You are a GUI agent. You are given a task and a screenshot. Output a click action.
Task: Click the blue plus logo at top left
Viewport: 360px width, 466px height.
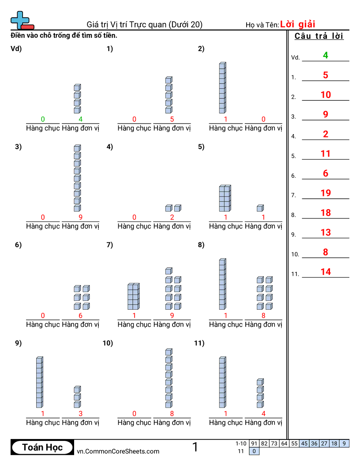[x=21, y=20]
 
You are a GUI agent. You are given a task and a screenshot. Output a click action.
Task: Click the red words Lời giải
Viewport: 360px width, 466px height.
[x=298, y=24]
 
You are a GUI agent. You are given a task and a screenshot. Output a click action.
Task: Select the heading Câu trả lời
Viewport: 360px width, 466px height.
[x=319, y=36]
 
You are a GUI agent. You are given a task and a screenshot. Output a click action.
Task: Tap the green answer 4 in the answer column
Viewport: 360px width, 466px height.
[x=326, y=55]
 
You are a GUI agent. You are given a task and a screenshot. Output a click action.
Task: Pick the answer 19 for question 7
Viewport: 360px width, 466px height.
[x=326, y=193]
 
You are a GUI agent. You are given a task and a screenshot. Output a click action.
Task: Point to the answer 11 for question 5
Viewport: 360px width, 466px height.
[x=326, y=154]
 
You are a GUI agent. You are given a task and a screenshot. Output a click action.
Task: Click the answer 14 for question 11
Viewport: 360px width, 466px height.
[x=326, y=272]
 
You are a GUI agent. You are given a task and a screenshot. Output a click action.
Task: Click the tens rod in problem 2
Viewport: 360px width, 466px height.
[x=222, y=88]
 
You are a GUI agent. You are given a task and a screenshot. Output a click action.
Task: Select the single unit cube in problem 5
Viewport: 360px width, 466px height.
[x=260, y=208]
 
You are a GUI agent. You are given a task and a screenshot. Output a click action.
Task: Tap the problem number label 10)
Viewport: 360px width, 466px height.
[x=108, y=343]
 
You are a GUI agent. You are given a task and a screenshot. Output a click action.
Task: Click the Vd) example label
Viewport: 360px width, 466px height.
[x=16, y=49]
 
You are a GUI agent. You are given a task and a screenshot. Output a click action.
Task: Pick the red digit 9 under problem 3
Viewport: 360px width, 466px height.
[x=80, y=217]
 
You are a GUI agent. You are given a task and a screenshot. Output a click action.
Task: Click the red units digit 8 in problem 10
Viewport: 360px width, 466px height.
[x=172, y=413]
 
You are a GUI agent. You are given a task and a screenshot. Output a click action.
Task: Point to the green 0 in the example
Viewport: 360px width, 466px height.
[x=43, y=119]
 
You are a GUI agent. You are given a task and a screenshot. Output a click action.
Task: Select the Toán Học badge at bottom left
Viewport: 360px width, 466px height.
[x=42, y=447]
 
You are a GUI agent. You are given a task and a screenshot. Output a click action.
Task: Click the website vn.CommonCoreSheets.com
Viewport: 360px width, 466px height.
[x=118, y=451]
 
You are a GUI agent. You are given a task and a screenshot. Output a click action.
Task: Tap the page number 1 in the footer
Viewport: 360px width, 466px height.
[x=195, y=447]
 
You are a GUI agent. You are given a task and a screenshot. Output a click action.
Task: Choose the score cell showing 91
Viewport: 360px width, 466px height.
[x=254, y=443]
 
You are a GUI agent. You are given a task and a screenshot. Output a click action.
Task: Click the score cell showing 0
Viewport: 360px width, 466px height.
[x=254, y=451]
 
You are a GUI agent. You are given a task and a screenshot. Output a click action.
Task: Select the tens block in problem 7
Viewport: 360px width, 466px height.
[x=133, y=297]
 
